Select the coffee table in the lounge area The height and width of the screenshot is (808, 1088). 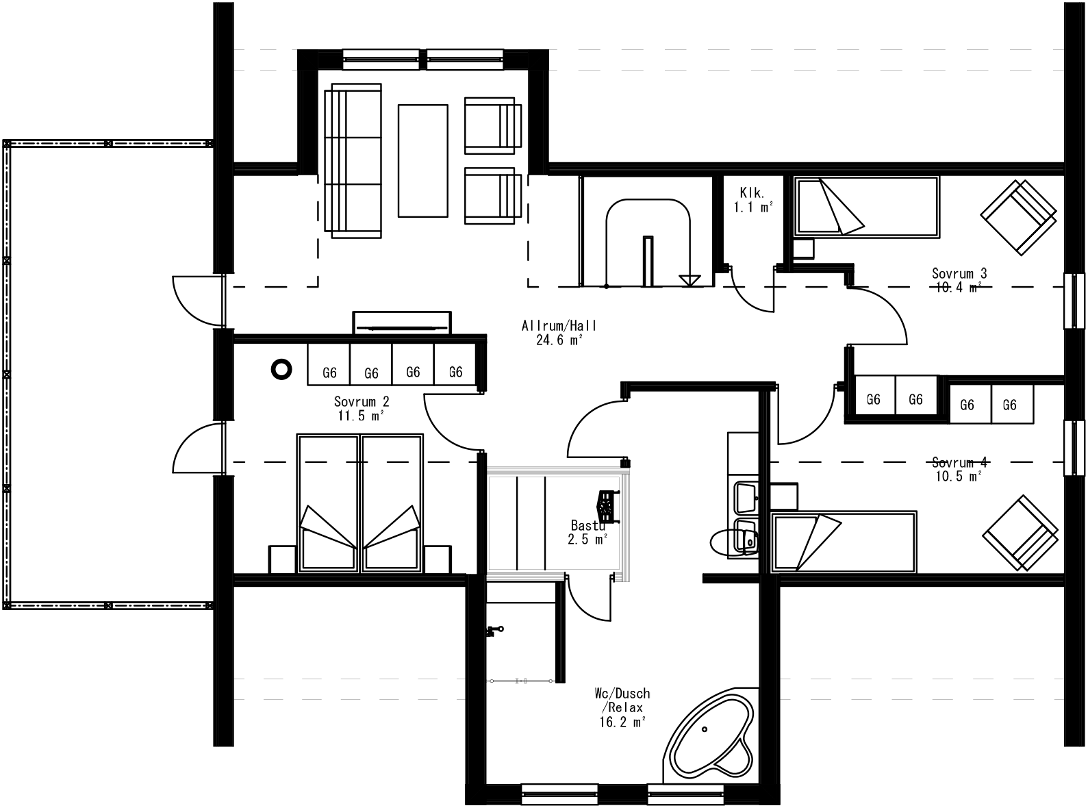click(422, 160)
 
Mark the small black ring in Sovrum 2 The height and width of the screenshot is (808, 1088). click(281, 369)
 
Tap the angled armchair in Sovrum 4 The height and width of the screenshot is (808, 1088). click(1020, 533)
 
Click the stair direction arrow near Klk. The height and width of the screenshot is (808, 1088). click(690, 279)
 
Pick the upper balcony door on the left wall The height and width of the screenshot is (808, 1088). click(199, 300)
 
